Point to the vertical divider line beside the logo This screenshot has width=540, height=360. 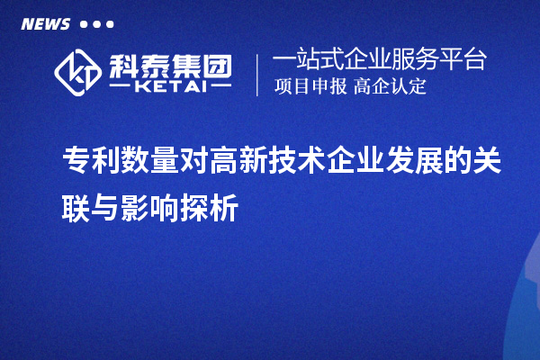258,74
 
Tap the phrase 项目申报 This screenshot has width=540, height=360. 310,87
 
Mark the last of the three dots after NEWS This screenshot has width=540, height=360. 110,24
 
